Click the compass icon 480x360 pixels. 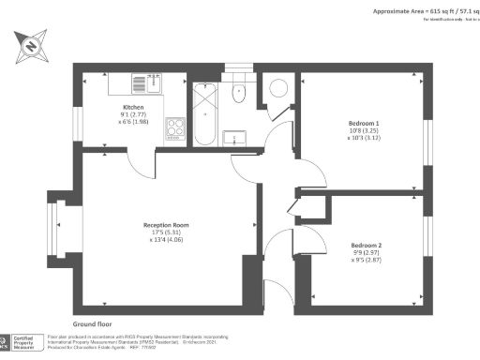coord(32,45)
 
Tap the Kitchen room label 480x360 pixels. coord(132,107)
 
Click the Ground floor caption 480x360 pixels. coord(97,322)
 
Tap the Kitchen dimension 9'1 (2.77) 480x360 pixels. coord(132,115)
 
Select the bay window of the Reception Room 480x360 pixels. coord(58,225)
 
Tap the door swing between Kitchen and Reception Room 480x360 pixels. coord(141,165)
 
